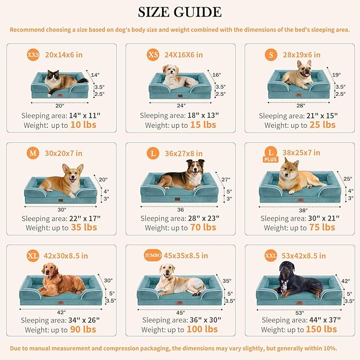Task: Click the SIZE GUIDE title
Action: (x=180, y=12)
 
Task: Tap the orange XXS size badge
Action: (x=33, y=55)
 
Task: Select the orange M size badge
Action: (x=33, y=154)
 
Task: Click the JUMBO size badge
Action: (x=153, y=256)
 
